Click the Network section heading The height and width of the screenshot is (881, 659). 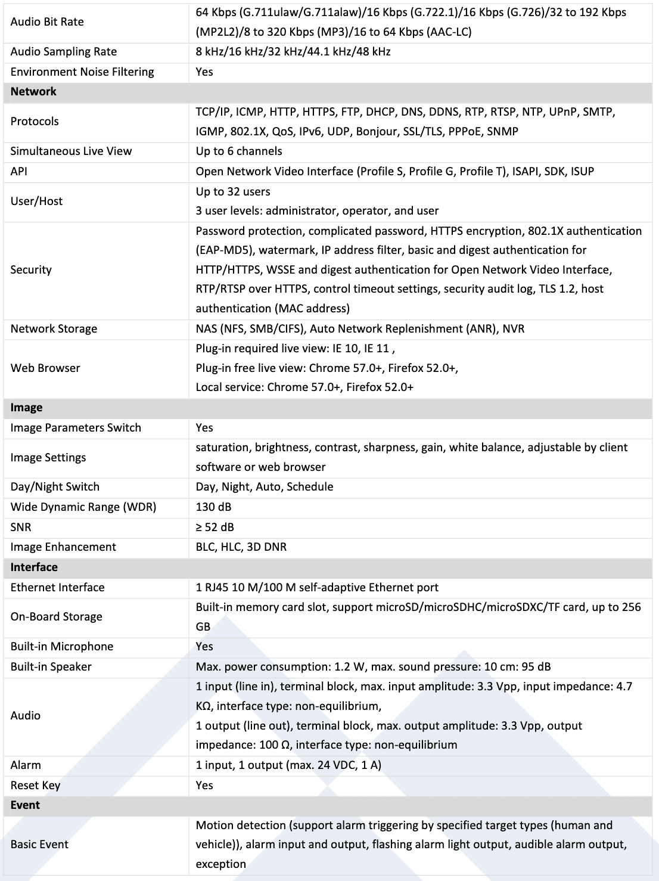(x=33, y=92)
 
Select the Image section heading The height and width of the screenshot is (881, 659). (x=26, y=408)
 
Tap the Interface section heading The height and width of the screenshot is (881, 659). (x=34, y=567)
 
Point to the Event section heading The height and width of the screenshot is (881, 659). (x=25, y=805)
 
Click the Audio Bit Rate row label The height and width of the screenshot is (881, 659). (x=47, y=22)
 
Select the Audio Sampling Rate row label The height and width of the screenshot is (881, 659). (x=64, y=52)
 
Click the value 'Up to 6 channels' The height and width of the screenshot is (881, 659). (x=239, y=151)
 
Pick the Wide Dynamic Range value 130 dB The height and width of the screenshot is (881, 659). (x=213, y=507)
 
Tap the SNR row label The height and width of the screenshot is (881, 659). (x=21, y=528)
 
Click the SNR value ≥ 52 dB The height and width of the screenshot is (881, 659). (x=215, y=528)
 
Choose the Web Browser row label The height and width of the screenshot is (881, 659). (x=45, y=368)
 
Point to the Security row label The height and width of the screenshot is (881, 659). (x=31, y=270)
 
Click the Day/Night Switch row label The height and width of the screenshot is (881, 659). (x=55, y=487)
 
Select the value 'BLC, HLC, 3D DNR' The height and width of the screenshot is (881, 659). (x=241, y=547)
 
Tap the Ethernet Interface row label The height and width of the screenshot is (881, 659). (x=57, y=588)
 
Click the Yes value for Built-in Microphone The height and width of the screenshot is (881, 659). (x=204, y=647)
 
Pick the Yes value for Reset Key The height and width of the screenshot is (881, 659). (x=204, y=786)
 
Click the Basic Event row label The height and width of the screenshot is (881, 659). (x=39, y=845)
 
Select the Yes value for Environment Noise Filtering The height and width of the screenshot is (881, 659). (x=204, y=72)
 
